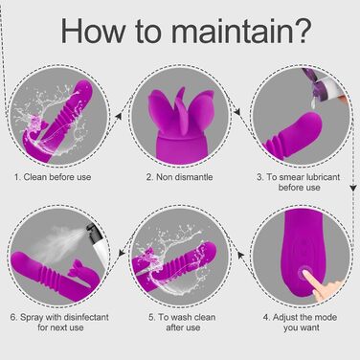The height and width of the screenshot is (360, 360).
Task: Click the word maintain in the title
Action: (x=232, y=31)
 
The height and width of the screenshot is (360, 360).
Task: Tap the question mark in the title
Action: (x=302, y=31)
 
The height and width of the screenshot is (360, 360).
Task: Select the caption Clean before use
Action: (x=57, y=177)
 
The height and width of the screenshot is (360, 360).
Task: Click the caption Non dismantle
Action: (x=184, y=177)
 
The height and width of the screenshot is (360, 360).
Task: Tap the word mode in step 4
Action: (x=326, y=318)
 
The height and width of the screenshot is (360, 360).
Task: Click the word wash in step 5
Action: (x=183, y=318)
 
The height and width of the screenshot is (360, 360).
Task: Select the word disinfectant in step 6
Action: (x=86, y=318)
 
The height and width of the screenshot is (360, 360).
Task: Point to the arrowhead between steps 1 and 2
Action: (x=119, y=116)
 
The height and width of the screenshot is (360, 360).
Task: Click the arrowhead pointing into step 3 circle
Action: (x=236, y=112)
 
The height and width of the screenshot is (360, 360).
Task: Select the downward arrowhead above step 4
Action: (x=352, y=188)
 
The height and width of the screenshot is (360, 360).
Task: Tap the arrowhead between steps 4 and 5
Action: (x=241, y=256)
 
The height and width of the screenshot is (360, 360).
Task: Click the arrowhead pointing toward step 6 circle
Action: (x=122, y=253)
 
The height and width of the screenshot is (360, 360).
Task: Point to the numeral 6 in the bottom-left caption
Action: (x=13, y=318)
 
